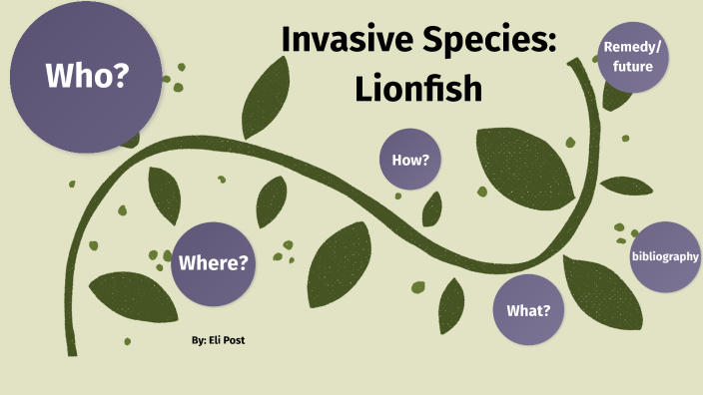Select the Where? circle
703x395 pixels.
[x=213, y=263]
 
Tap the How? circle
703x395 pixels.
[x=410, y=160]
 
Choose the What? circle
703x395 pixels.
[x=528, y=310]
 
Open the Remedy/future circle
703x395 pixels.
[x=633, y=57]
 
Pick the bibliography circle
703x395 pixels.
[x=665, y=256]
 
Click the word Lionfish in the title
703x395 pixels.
[x=418, y=89]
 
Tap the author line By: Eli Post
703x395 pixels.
[x=219, y=340]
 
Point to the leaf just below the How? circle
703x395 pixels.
[x=431, y=207]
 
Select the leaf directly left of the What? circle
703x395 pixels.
[x=451, y=303]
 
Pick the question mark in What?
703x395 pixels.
[x=547, y=310]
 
